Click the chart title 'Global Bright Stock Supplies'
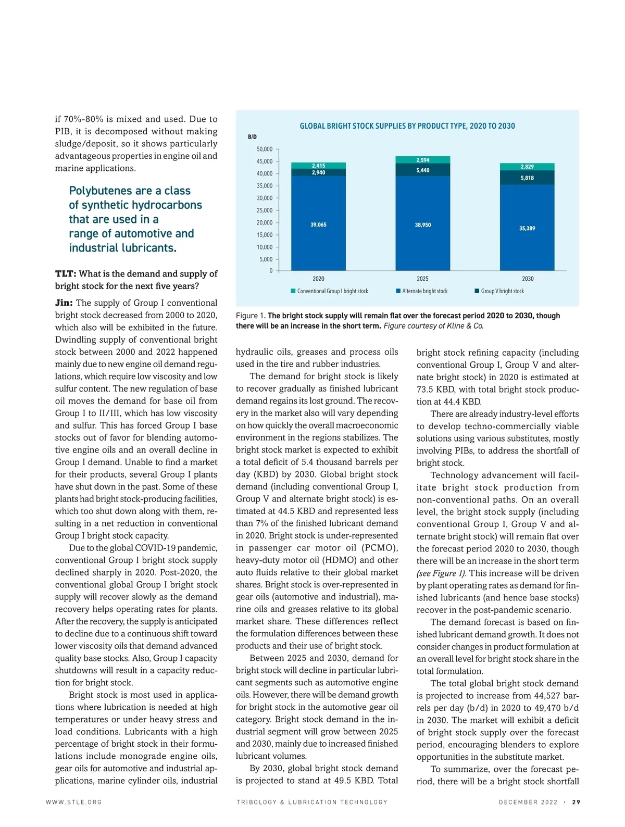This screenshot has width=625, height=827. (407, 126)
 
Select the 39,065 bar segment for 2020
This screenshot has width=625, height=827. (318, 224)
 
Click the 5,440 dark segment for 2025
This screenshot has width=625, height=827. (422, 170)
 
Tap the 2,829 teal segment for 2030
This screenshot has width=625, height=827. (527, 167)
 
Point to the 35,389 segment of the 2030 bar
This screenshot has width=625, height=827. (527, 228)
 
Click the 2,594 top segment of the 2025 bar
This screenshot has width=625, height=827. (422, 160)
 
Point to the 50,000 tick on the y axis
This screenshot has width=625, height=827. (265, 149)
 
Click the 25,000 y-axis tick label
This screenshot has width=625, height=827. (265, 210)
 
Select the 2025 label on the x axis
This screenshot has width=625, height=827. (422, 279)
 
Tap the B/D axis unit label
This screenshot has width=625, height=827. (252, 137)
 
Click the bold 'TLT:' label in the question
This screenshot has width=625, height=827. (66, 274)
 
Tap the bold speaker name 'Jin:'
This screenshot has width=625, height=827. (64, 303)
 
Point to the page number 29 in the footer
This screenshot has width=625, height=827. (576, 802)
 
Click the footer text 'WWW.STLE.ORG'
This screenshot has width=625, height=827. (74, 802)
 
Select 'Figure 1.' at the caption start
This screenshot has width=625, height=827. (251, 316)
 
